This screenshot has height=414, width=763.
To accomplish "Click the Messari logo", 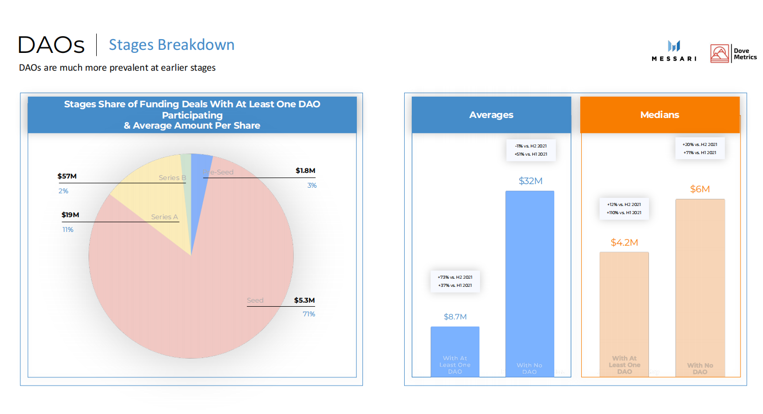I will coord(674,51).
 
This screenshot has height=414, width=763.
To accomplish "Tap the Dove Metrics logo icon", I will coord(720,53).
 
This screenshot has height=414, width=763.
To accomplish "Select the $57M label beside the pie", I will coord(67,176).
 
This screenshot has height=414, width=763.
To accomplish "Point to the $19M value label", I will coord(70,215).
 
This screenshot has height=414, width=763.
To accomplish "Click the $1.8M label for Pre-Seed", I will coord(305,171).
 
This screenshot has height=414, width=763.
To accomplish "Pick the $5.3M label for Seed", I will coord(304,301).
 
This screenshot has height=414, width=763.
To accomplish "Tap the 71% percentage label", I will coord(309,314).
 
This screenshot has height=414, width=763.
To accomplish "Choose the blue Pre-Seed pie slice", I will coord(200,165).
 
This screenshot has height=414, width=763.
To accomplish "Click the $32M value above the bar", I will coord(530,181).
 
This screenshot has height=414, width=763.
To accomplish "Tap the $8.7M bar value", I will coord(455,317).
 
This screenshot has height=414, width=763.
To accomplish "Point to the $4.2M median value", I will coord(624,243).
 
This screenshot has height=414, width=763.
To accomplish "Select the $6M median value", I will coord(700,189).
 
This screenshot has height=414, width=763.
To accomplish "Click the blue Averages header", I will coord(491,115).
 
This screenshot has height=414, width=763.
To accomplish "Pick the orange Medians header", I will coord(660,115).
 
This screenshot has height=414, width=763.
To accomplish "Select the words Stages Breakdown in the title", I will coord(172,45).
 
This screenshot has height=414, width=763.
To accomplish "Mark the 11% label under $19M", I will coord(68,230).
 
